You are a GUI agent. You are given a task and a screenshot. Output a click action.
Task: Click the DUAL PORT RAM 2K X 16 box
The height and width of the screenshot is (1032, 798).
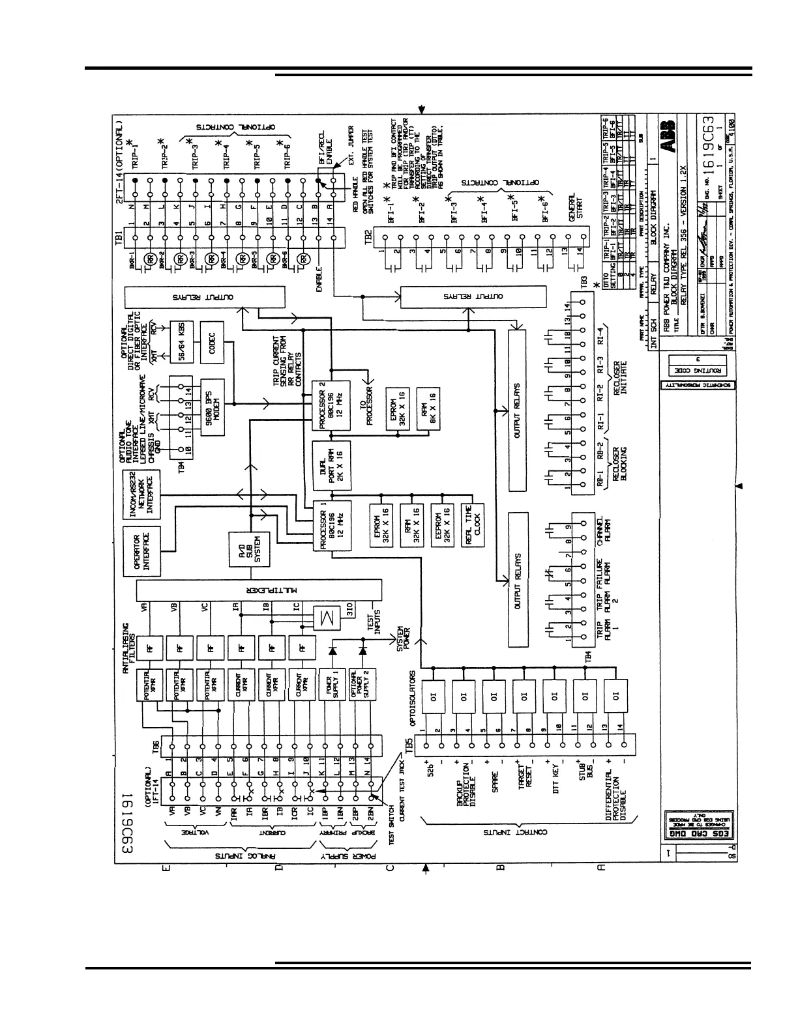tap(331, 465)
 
